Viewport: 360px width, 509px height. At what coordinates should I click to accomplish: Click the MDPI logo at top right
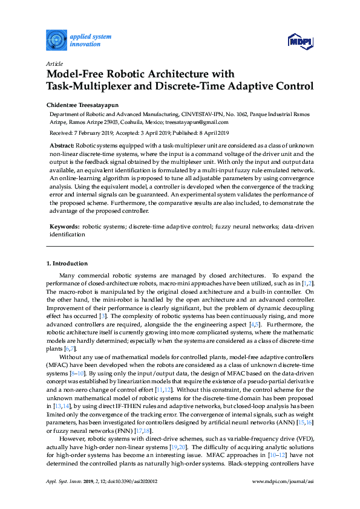pyautogui.click(x=301, y=41)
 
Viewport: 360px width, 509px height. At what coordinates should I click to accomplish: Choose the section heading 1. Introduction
pyautogui.click(x=67, y=264)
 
